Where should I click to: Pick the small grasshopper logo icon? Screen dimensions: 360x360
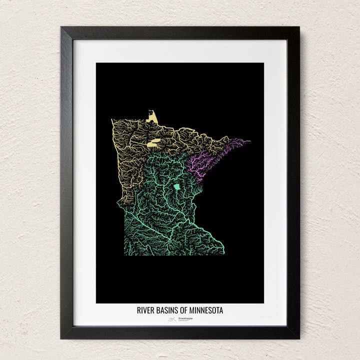172,318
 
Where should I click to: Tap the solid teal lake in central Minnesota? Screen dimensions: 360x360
176,188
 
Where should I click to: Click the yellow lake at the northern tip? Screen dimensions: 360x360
153,117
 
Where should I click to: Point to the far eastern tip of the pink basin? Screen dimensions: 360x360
249,141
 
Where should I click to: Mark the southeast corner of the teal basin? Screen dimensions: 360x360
223,253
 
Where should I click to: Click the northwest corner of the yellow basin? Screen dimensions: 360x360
112,120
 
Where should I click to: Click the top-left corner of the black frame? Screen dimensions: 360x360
61,27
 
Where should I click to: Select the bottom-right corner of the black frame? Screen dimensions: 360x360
299,338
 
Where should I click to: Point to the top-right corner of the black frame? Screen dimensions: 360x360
299,27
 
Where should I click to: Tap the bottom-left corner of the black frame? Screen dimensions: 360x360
61,338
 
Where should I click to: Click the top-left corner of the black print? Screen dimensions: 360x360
96,63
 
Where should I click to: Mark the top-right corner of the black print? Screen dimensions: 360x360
263,63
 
